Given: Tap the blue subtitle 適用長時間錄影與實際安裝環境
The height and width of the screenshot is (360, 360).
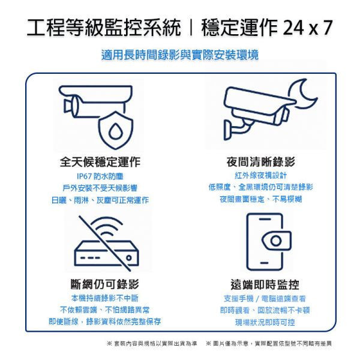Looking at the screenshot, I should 180,55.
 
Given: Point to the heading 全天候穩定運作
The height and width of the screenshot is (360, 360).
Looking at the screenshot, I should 100,163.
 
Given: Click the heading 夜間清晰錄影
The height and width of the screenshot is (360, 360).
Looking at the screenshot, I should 260,163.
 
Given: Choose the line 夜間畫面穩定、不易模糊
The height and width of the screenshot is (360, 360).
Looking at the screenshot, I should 260,199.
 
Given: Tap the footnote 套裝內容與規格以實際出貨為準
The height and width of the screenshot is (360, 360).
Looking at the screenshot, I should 152,343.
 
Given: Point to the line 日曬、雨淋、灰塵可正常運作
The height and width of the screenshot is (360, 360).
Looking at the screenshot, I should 100,200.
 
